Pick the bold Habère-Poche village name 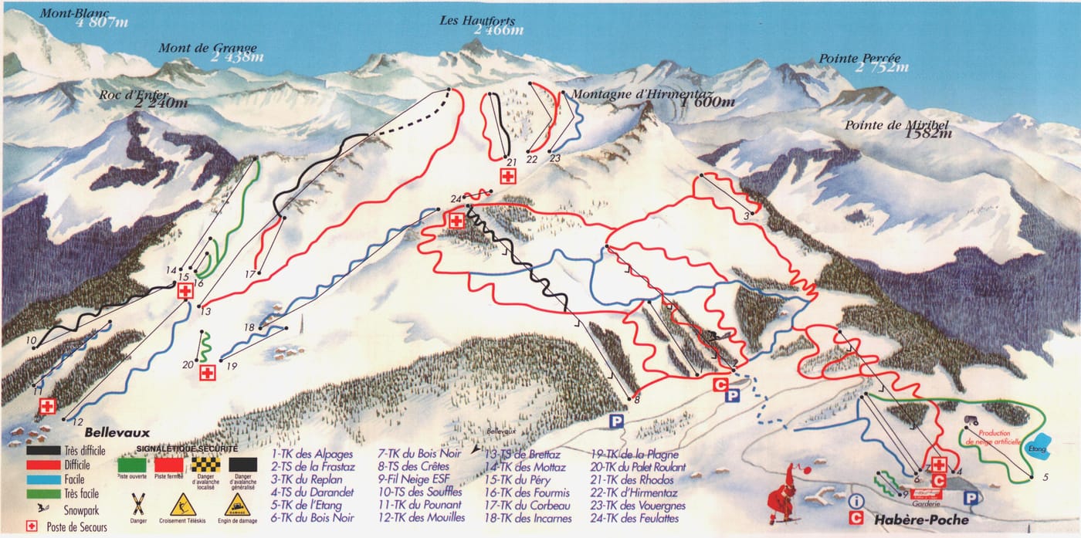920,519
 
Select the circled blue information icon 856,501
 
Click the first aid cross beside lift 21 507,177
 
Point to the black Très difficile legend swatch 44,451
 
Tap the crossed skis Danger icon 138,506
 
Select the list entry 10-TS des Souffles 420,491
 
